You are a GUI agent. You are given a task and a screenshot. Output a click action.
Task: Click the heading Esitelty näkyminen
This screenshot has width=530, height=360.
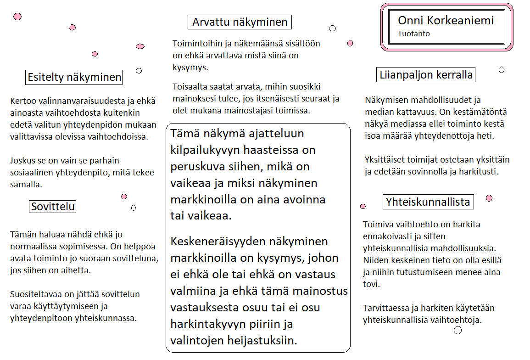point(74,77)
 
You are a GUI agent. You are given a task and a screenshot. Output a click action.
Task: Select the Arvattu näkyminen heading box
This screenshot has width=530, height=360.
point(240,22)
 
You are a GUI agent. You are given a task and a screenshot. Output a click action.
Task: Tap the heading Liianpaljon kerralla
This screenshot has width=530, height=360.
point(426,75)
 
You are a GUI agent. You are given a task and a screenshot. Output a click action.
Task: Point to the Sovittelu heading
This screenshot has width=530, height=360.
point(53,207)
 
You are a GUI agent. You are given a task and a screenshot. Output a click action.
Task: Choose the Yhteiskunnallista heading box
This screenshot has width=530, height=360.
point(428,202)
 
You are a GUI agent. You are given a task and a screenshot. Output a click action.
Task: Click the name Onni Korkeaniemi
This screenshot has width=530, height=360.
point(446,20)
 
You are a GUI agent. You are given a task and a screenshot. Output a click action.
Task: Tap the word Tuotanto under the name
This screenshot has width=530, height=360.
point(414,34)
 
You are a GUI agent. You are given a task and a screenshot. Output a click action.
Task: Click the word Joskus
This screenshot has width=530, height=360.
point(23,161)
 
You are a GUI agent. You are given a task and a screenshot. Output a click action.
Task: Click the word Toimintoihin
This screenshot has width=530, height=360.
point(197,44)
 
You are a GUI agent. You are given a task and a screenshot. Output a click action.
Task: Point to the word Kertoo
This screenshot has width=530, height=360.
point(22,100)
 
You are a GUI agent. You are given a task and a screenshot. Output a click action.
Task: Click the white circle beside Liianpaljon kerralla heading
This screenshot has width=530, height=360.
point(502,70)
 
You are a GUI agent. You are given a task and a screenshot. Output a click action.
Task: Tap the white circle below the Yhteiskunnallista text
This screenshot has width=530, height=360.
point(457,330)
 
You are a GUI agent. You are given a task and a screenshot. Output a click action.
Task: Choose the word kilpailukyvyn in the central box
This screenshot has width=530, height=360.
point(206,150)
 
